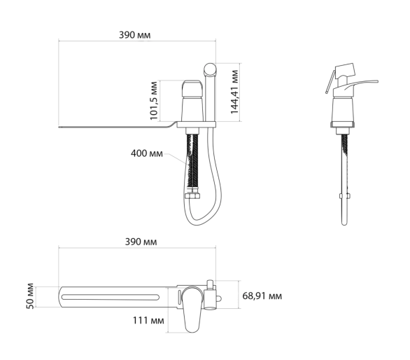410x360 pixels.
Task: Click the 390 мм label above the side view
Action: pos(134,35)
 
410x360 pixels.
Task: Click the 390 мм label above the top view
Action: pos(141,242)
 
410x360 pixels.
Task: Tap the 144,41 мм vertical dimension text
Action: pos(234,92)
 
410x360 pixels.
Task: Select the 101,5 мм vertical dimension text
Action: pos(154,101)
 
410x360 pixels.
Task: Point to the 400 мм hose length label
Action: pos(147,153)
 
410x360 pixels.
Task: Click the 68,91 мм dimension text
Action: pos(262,296)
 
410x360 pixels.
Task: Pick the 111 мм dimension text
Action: pos(148,321)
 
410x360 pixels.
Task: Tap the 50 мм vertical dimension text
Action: pos(30,296)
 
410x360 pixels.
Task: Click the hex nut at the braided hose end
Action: pos(192,196)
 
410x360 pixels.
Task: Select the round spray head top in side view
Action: pos(210,69)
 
